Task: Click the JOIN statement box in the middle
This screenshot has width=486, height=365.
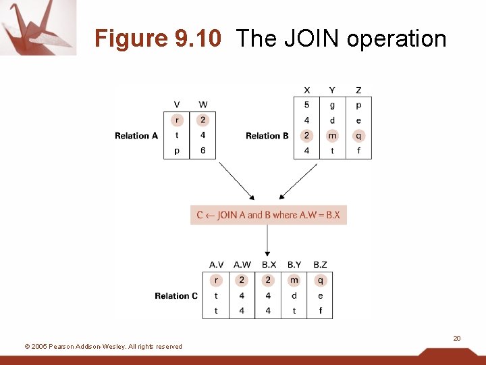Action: [268, 215]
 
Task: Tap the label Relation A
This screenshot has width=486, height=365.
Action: [136, 136]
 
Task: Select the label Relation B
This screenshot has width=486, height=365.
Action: [267, 136]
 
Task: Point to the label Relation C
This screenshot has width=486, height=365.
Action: [176, 296]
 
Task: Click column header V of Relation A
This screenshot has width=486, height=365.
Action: [177, 105]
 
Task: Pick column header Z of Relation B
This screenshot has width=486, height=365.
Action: [358, 90]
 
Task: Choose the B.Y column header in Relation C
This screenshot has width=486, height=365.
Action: [294, 265]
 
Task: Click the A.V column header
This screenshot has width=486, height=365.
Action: [216, 265]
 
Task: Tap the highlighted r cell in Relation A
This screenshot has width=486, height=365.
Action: [177, 120]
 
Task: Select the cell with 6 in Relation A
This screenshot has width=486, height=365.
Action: [203, 151]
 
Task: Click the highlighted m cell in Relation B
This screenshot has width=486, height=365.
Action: [332, 136]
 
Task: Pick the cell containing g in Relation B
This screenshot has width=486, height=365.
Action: [332, 105]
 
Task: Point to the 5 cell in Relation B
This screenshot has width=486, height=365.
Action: [306, 105]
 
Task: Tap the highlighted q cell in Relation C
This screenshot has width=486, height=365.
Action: [320, 281]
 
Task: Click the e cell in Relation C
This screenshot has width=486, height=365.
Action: [320, 296]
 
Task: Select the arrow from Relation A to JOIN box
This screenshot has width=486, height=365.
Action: [236, 180]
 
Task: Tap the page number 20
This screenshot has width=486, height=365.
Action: [457, 338]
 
